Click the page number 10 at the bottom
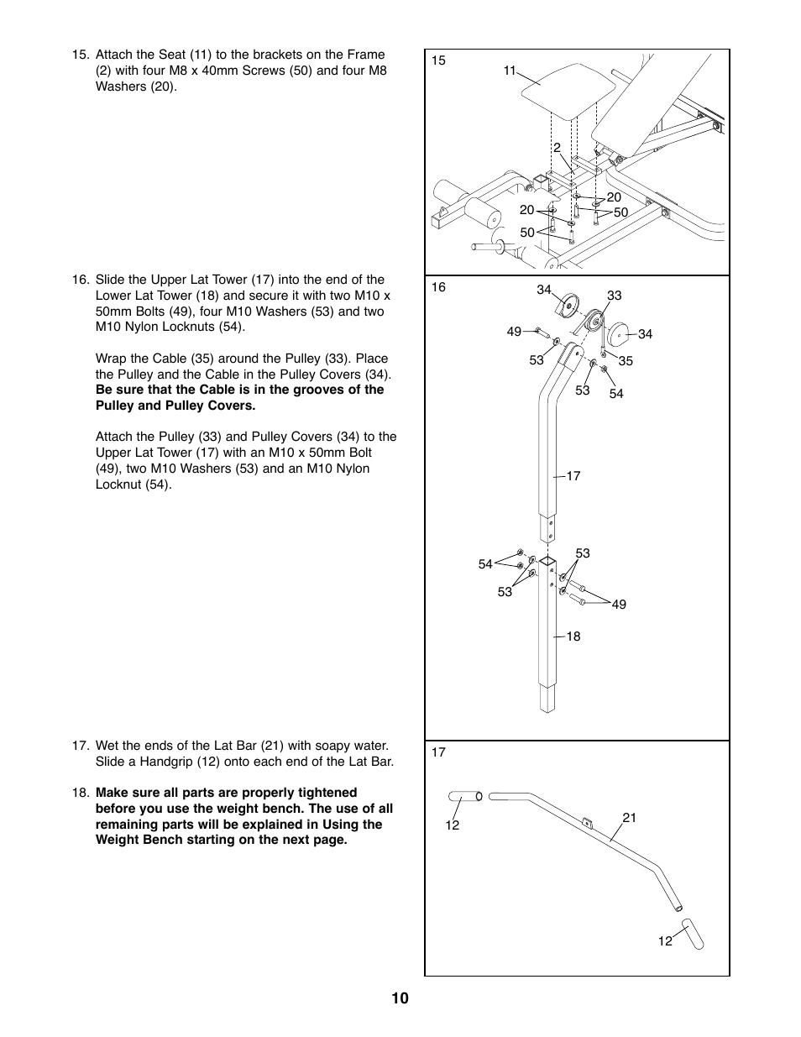pyautogui.click(x=400, y=998)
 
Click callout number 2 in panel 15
pyautogui.click(x=556, y=148)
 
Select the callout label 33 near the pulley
pyautogui.click(x=614, y=296)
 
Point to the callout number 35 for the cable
pyautogui.click(x=626, y=361)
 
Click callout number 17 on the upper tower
pyautogui.click(x=573, y=476)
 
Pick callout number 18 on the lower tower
pyautogui.click(x=573, y=636)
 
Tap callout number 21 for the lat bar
pyautogui.click(x=630, y=817)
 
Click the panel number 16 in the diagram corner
pyautogui.click(x=438, y=287)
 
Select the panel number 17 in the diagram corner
pyautogui.click(x=438, y=752)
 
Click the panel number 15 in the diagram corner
pyautogui.click(x=438, y=60)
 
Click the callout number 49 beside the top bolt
pyautogui.click(x=514, y=332)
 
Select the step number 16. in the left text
pyautogui.click(x=81, y=280)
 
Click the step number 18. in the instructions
pyautogui.click(x=81, y=793)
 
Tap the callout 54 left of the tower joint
pyautogui.click(x=485, y=564)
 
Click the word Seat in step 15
pyautogui.click(x=171, y=55)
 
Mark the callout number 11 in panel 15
pyautogui.click(x=510, y=71)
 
